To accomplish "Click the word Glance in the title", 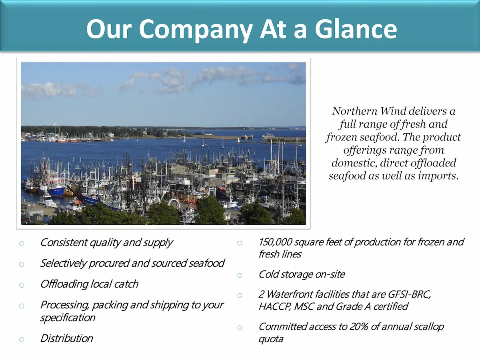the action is pos(356,29).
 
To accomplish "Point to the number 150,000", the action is pos(275,242).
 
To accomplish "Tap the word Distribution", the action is pos(66,338).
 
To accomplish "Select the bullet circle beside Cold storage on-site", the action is pos(240,276).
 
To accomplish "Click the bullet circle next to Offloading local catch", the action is pos(22,285).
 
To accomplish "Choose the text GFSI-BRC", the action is pos(409,294).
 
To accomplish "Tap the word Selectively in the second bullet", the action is pos(64,263).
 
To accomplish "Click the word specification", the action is pos(68,318).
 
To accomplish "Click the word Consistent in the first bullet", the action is pos(64,242).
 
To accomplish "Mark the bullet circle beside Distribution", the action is pos(22,340).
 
